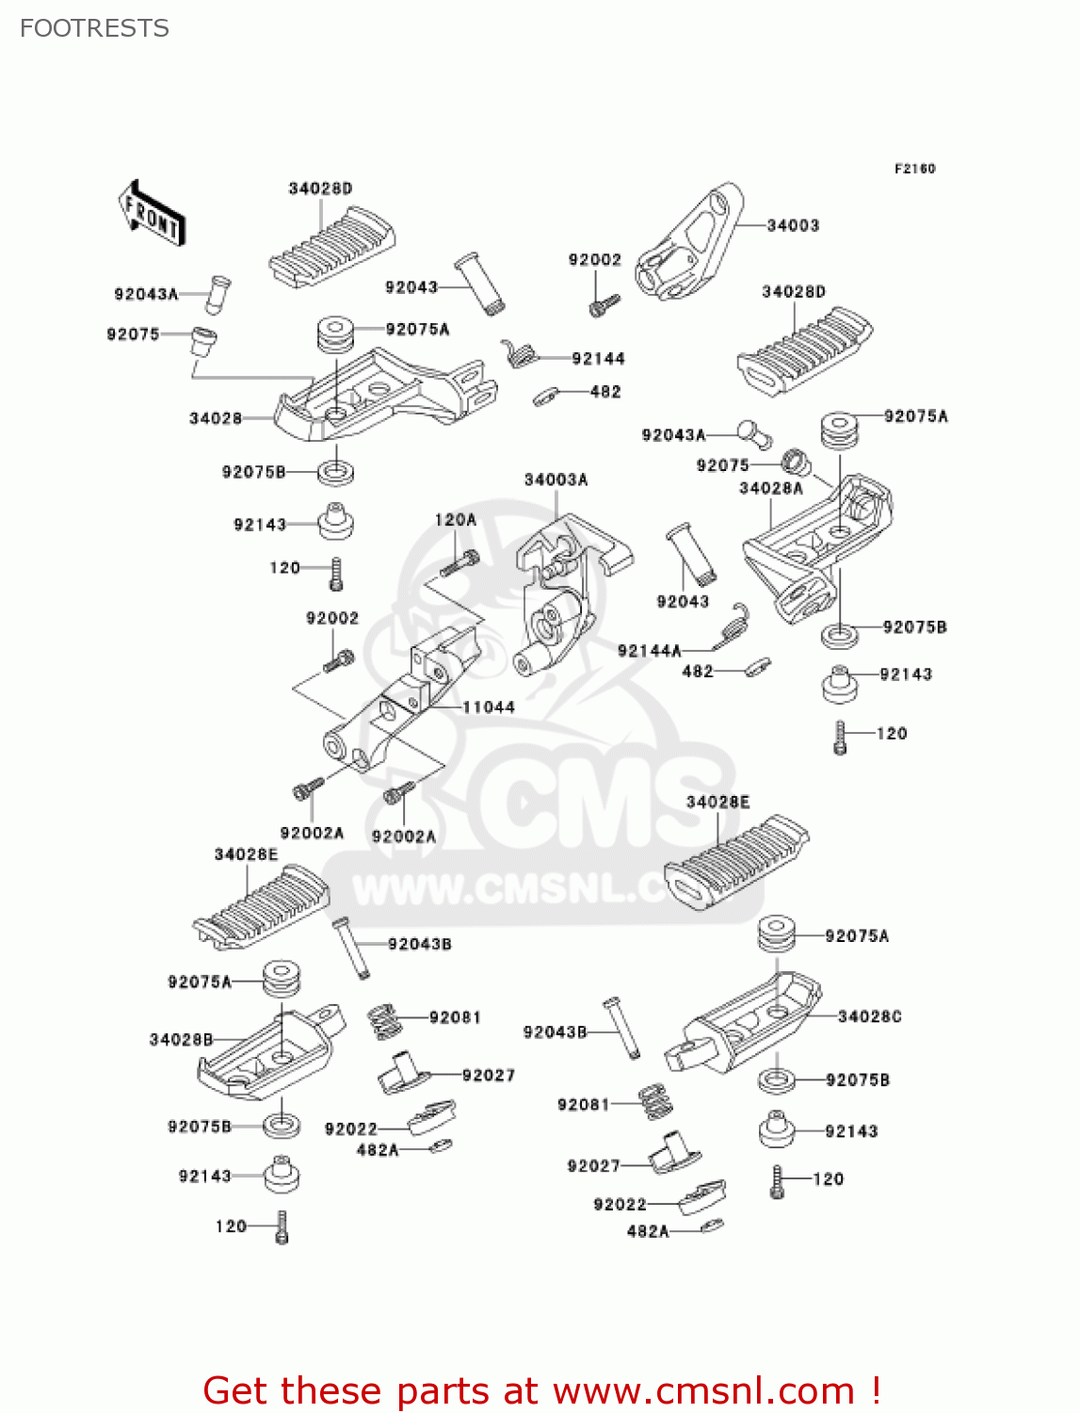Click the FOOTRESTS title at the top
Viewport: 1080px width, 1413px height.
[x=94, y=28]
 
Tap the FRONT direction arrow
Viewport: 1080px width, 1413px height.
[x=152, y=214]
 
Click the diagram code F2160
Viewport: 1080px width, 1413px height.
[x=914, y=169]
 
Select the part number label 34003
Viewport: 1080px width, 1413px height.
[x=793, y=226]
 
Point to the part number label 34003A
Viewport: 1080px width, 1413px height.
[x=556, y=480]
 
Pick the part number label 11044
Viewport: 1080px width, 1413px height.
[x=488, y=707]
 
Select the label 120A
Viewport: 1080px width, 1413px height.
[x=455, y=520]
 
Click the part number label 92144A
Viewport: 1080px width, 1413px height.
[x=649, y=651]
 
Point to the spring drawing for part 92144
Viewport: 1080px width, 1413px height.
[x=519, y=354]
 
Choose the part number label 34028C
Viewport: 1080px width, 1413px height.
[x=869, y=1017]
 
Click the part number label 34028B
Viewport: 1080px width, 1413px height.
[x=181, y=1040]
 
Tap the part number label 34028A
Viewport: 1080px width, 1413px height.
[x=771, y=488]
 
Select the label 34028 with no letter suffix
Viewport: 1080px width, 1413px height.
[x=216, y=418]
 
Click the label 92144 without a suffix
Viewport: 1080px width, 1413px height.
[x=598, y=359]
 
